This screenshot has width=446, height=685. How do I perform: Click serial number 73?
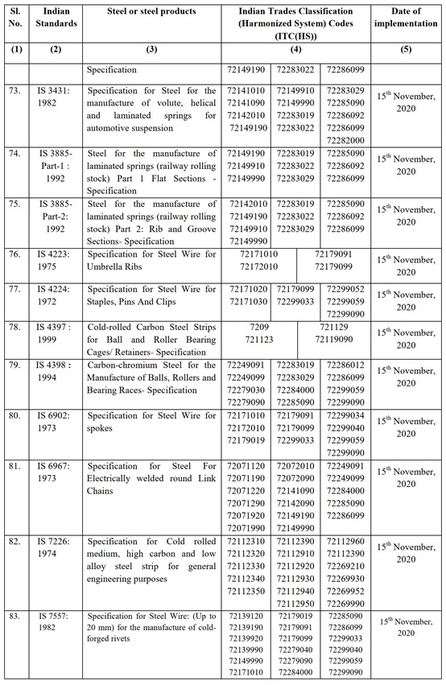[x=16, y=91]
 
